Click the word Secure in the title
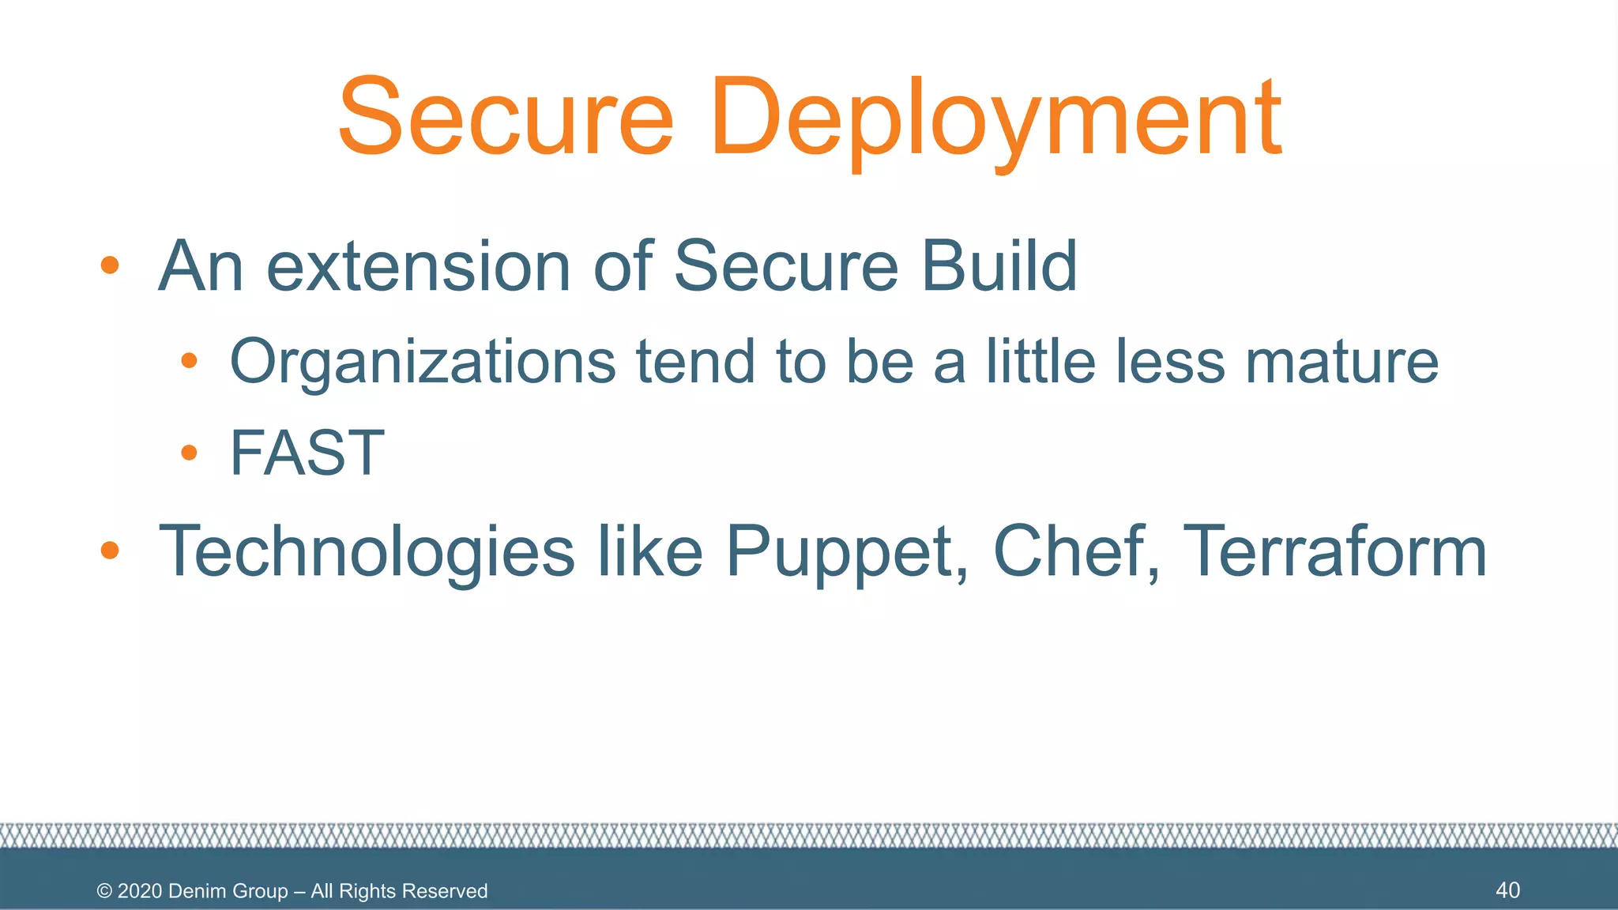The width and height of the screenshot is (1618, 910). tap(506, 117)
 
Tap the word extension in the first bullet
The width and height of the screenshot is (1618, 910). tap(419, 266)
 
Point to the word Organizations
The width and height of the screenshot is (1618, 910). tap(423, 362)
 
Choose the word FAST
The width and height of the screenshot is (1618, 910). tap(307, 453)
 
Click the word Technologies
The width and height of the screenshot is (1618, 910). tap(367, 551)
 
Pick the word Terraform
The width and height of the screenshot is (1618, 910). tap(1335, 551)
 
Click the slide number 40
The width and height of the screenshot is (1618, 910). tap(1507, 890)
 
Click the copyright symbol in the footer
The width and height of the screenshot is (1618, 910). tap(104, 891)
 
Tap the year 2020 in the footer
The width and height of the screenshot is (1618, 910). tap(140, 891)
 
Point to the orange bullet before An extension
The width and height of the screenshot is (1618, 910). tap(110, 265)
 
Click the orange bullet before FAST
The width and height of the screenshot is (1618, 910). tap(189, 453)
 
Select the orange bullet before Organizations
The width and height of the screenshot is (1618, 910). tap(189, 362)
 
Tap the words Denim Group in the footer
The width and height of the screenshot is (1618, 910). tap(228, 891)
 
